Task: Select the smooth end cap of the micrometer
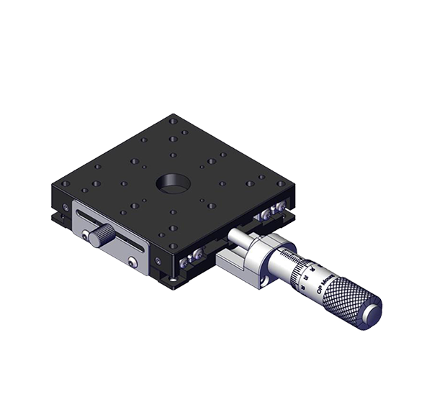pyautogui.click(x=372, y=313)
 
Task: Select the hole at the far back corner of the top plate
pyautogui.click(x=174, y=122)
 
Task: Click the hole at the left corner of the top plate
pyautogui.click(x=66, y=184)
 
